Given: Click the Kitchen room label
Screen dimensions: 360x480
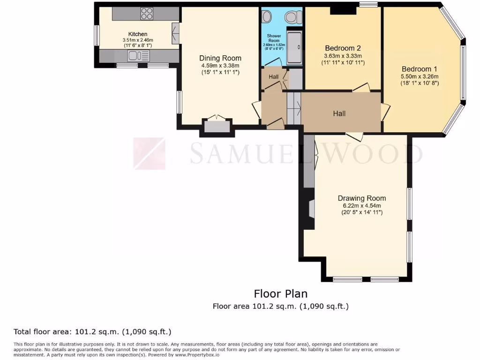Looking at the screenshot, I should tap(138, 34).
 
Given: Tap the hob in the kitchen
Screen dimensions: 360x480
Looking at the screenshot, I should tap(146, 14).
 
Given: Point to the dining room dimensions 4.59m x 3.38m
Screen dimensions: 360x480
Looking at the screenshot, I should tap(220, 66).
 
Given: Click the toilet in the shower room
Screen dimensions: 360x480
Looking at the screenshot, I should tap(293, 17).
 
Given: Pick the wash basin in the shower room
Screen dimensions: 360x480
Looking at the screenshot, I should tap(266, 17).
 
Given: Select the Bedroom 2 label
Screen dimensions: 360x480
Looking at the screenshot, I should tap(343, 48).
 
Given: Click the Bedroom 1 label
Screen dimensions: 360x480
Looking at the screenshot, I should tap(419, 69).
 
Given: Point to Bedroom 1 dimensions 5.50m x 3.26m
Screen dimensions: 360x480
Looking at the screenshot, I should tap(419, 76).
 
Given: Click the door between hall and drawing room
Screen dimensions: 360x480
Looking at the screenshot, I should tap(355, 136).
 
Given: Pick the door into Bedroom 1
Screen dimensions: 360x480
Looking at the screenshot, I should tap(385, 112).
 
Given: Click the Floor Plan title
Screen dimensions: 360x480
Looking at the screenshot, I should tap(280, 294).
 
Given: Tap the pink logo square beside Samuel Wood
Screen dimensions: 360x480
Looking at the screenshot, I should tap(149, 153).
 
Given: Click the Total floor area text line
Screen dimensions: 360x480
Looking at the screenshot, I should tap(92, 332).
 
